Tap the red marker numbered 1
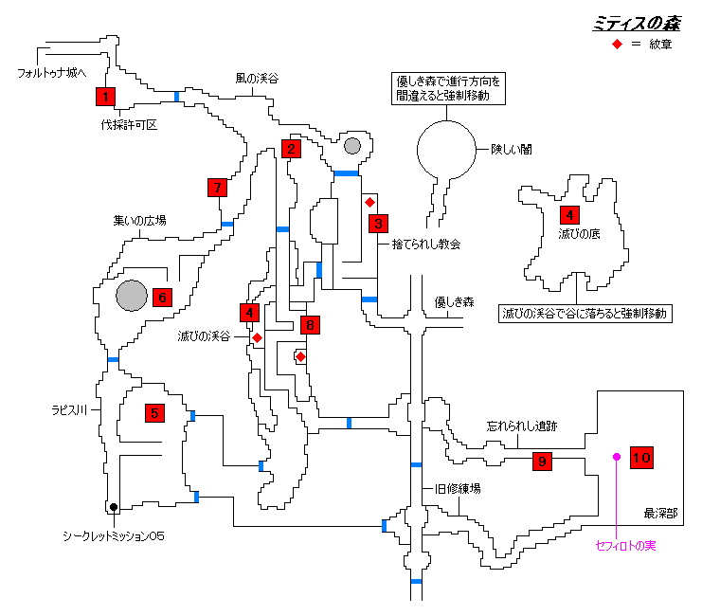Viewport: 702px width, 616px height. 105,96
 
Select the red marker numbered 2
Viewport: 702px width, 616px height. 292,148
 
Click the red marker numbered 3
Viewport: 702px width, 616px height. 378,224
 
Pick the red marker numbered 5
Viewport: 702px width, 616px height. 153,412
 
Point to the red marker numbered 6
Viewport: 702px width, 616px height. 162,297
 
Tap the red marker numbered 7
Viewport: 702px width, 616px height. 218,188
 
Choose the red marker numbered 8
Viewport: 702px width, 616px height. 309,325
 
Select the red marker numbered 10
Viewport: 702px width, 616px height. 641,458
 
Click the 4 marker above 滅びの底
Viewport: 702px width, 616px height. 568,214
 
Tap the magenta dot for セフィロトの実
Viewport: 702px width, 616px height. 616,457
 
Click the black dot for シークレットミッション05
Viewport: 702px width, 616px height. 113,507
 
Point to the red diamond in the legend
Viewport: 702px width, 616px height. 616,45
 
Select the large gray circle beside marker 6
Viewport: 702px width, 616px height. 132,296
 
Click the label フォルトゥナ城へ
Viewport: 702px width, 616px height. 52,72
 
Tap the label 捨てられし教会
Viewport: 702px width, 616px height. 426,244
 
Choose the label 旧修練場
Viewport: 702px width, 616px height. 459,488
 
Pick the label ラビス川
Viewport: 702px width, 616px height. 70,410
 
